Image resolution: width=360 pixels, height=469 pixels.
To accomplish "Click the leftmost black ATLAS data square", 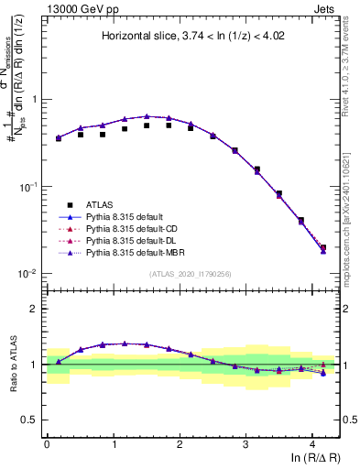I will (x=59, y=138).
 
